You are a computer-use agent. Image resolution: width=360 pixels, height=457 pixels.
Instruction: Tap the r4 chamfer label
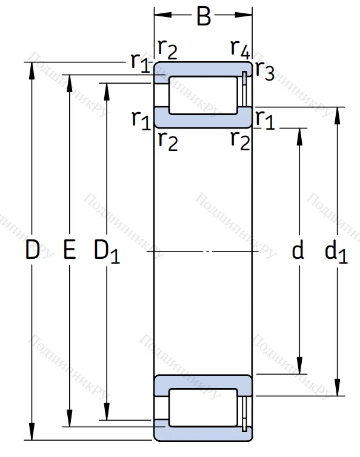tap(240, 48)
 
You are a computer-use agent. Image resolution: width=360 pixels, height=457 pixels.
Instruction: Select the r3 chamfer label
tap(264, 71)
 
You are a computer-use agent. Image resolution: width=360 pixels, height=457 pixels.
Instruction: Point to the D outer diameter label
tap(32, 250)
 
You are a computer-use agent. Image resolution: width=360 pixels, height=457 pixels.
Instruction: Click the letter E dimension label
tap(70, 250)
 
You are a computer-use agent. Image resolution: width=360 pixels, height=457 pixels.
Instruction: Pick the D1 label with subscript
tap(107, 252)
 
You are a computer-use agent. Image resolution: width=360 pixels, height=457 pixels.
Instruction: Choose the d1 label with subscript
tap(336, 252)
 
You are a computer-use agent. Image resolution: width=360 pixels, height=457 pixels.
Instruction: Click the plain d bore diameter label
tap(298, 250)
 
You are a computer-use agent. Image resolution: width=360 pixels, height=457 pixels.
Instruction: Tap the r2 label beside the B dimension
tap(167, 48)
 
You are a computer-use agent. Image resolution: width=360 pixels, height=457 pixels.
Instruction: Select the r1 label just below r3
tap(264, 119)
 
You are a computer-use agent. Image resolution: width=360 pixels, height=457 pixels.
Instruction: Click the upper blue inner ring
tap(202, 118)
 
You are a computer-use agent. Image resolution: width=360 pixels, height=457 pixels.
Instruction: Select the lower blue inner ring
tap(202, 385)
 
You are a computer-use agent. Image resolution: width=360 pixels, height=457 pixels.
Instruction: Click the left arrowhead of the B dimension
tap(159, 13)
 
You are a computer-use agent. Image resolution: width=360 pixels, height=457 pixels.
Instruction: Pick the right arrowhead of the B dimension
tap(247, 13)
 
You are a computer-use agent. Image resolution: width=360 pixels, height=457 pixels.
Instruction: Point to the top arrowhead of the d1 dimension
tap(337, 113)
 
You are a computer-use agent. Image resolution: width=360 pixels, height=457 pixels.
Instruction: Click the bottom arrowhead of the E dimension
tap(70, 422)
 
